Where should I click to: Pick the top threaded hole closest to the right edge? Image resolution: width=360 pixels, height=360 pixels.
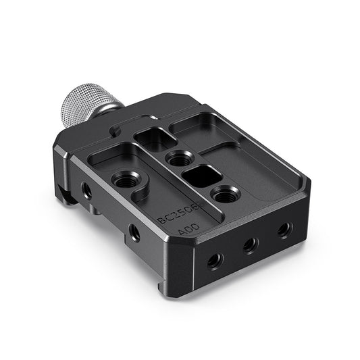tap(224, 197)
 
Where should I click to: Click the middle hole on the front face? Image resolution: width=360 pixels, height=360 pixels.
tap(251, 245)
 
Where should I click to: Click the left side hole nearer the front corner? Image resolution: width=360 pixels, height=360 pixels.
tap(135, 233)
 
